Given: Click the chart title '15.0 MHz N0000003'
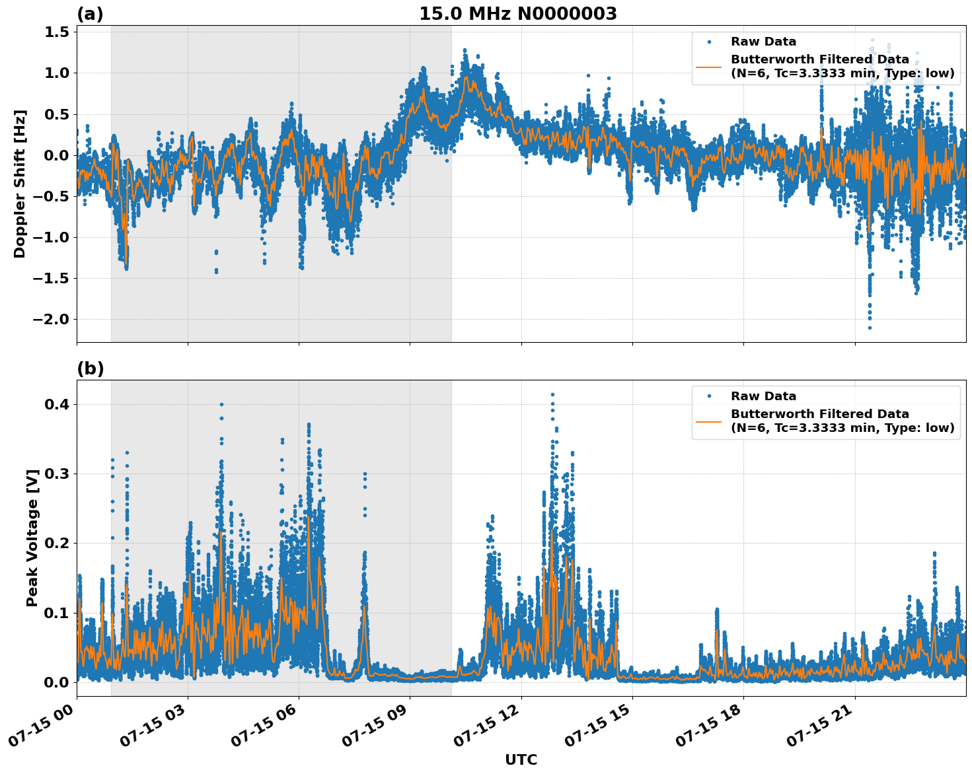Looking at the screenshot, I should [517, 14].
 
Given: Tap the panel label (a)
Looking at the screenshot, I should [90, 14].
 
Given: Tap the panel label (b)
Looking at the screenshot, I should [90, 369].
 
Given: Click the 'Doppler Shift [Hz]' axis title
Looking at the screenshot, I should [20, 184].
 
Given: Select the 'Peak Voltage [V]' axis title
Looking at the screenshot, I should [32, 538].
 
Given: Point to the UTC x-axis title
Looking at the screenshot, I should [521, 759].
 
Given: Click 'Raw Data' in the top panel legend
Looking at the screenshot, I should [763, 42].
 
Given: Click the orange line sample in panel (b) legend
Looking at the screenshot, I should [709, 421].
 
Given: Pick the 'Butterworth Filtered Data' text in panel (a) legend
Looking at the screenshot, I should [819, 59].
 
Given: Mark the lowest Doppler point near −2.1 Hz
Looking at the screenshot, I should [870, 328].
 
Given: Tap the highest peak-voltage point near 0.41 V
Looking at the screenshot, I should [552, 395].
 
